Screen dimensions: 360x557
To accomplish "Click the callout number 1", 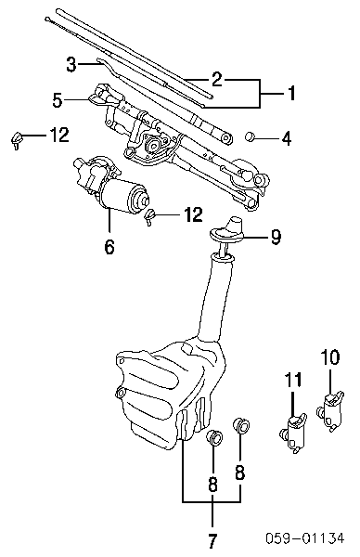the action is click(x=291, y=93).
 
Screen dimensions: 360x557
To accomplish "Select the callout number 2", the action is click(x=216, y=79).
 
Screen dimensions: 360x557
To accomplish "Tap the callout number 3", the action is click(x=71, y=64).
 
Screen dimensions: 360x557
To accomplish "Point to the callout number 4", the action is click(x=287, y=138).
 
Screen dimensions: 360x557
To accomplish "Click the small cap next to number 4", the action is click(x=251, y=136).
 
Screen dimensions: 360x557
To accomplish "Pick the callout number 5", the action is click(x=58, y=100).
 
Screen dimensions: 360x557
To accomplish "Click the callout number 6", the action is click(x=109, y=247).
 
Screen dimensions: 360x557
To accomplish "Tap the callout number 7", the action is click(x=212, y=540).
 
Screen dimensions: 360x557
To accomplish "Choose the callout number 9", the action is click(x=276, y=237).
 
